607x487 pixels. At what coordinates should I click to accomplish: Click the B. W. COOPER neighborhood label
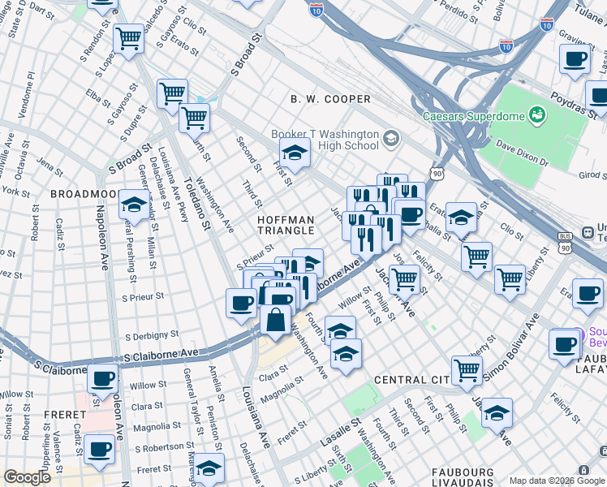330,99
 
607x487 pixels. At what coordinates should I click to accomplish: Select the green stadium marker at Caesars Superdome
537,115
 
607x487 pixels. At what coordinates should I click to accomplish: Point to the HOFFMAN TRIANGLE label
285,225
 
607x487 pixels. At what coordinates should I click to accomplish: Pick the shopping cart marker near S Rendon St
128,38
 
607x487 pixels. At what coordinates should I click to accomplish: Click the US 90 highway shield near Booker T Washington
437,173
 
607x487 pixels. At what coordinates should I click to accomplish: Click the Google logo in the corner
27,477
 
